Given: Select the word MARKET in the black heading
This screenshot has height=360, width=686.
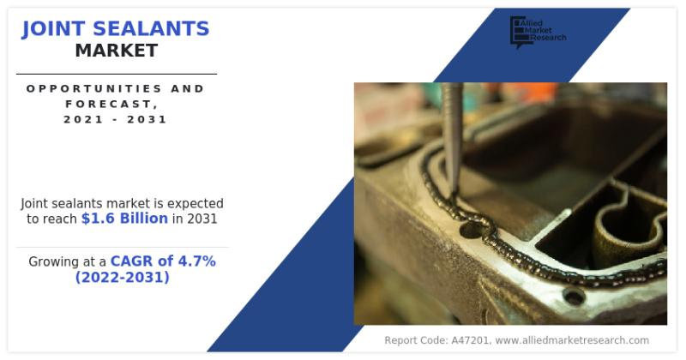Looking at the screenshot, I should coord(116,51).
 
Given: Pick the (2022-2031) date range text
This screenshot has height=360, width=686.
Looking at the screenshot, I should coord(122,278).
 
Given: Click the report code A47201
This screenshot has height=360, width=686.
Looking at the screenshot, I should coord(468,340).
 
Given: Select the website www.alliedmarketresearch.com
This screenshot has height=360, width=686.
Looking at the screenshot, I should coord(572,340).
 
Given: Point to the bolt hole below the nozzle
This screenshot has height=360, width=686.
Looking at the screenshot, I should coord(469,229).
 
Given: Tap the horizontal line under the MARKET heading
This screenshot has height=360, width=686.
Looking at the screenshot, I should coord(116,74).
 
